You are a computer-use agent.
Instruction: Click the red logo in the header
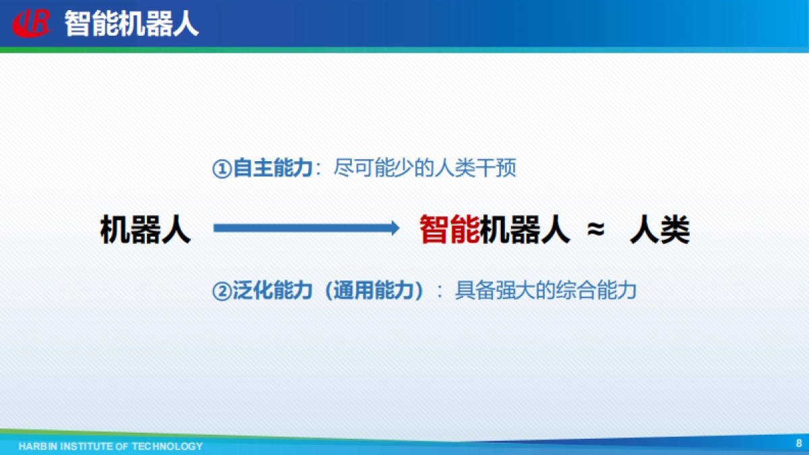coord(32,24)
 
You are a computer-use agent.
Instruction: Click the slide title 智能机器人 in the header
coord(131,24)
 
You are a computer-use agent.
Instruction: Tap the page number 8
coord(799,443)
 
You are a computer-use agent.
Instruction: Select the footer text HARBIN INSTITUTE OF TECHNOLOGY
coord(111,446)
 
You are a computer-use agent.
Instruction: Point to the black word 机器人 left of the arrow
coord(146,230)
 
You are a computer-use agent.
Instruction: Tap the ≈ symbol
coord(595,230)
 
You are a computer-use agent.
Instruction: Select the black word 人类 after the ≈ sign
coord(659,230)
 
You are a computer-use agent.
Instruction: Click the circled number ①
coord(222,169)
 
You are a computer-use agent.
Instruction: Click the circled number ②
coord(222,291)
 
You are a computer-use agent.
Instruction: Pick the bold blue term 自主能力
coord(272,169)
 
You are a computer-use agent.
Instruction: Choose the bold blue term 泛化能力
coord(272,291)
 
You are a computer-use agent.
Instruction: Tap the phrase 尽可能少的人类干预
coord(425,169)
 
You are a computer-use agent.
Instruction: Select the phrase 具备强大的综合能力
coord(545,291)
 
